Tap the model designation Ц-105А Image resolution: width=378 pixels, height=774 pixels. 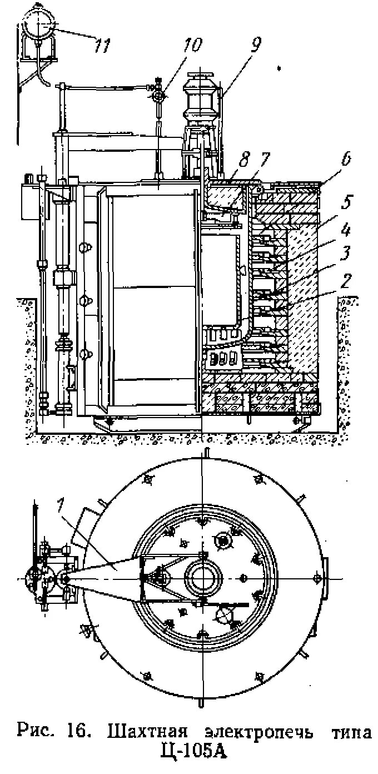[193, 752]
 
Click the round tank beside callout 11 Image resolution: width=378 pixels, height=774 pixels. [39, 25]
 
